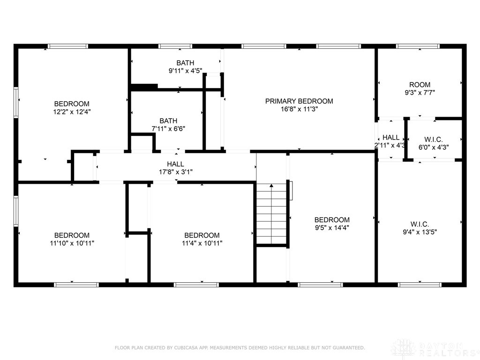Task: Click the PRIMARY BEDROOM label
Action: [299, 101]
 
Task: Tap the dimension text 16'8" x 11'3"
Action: [299, 109]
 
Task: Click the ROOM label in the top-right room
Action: [420, 85]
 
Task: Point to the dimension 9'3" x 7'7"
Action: [420, 93]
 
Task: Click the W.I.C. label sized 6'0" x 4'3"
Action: [433, 139]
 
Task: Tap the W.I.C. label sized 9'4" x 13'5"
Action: [420, 225]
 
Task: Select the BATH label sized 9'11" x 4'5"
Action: [185, 63]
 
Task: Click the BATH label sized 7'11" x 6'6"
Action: [168, 120]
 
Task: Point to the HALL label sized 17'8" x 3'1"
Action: [175, 164]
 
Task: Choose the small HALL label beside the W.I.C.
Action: [391, 137]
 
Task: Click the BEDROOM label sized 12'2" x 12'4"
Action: [72, 104]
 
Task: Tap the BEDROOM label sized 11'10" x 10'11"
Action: [72, 235]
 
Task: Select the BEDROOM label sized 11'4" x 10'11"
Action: [202, 235]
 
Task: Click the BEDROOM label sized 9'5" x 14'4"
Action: [332, 220]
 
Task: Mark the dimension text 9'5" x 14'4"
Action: [332, 228]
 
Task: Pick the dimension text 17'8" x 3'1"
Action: [175, 172]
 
